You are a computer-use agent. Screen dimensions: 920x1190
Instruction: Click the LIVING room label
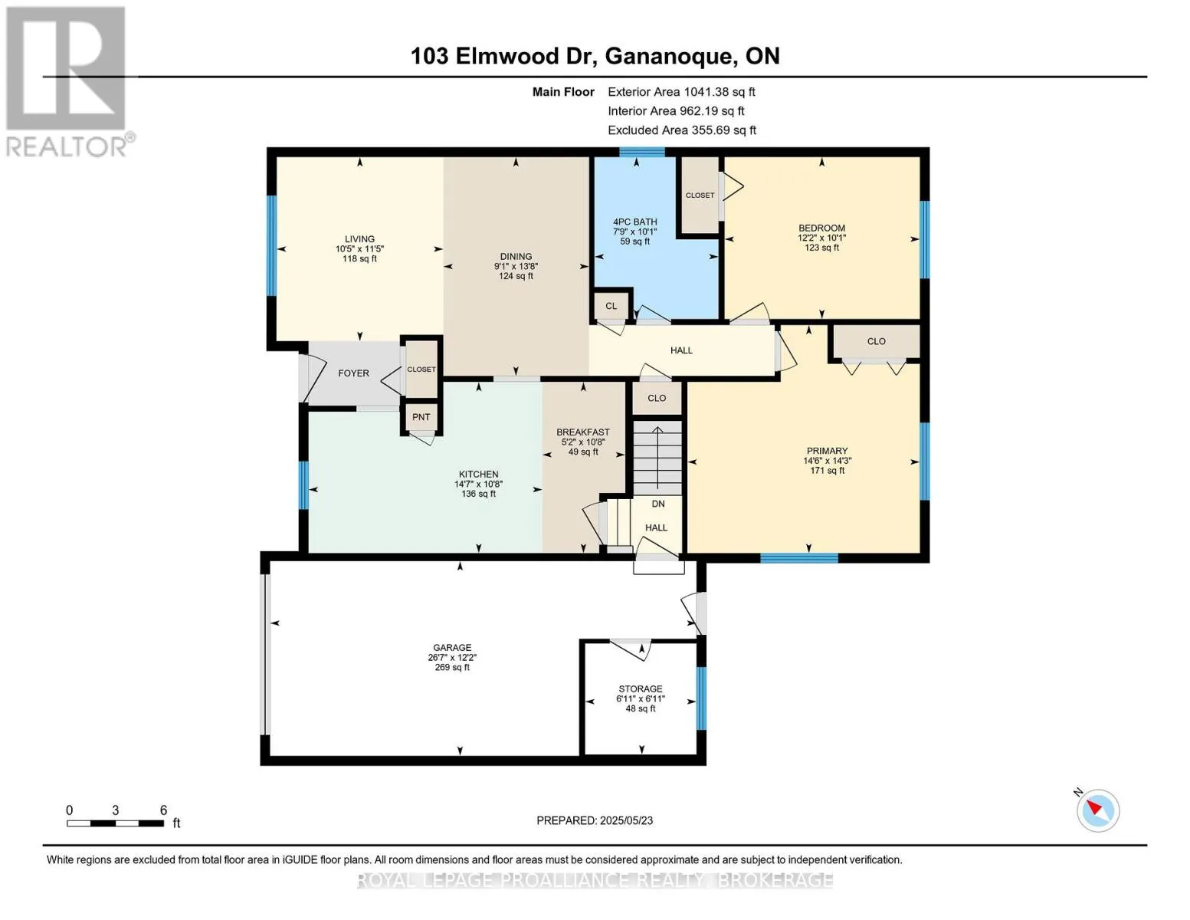pyautogui.click(x=359, y=238)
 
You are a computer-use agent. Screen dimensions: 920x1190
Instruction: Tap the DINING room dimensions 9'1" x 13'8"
pyautogui.click(x=516, y=267)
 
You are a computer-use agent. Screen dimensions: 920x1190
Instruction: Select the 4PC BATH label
pyautogui.click(x=634, y=222)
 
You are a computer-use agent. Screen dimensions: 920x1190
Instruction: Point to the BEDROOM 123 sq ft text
pyautogui.click(x=821, y=248)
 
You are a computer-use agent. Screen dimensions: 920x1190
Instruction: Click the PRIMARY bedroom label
pyautogui.click(x=827, y=451)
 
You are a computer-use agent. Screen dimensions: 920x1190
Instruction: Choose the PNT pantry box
pyautogui.click(x=421, y=417)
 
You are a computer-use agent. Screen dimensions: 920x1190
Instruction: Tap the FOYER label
pyautogui.click(x=353, y=373)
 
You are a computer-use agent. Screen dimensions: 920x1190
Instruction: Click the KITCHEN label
pyautogui.click(x=478, y=475)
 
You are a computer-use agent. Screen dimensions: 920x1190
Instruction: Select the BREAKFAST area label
pyautogui.click(x=583, y=432)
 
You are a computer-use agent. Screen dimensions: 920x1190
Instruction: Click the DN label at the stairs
pyautogui.click(x=657, y=504)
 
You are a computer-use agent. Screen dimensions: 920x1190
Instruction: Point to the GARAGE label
pyautogui.click(x=452, y=648)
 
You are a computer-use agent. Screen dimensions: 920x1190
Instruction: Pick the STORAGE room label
pyautogui.click(x=641, y=689)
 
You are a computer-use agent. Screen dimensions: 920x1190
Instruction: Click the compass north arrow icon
pyautogui.click(x=1098, y=810)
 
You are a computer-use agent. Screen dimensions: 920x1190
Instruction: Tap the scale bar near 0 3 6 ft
pyautogui.click(x=115, y=823)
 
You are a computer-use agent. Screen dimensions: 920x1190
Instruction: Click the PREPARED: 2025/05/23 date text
pyautogui.click(x=595, y=820)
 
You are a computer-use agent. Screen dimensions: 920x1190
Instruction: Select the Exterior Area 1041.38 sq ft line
pyautogui.click(x=681, y=92)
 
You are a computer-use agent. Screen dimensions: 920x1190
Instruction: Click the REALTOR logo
pyautogui.click(x=67, y=80)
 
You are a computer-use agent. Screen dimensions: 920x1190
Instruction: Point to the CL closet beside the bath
pyautogui.click(x=611, y=306)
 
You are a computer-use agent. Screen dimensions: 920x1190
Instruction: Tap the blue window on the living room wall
pyautogui.click(x=271, y=245)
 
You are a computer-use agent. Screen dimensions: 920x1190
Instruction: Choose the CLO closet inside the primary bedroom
pyautogui.click(x=876, y=342)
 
